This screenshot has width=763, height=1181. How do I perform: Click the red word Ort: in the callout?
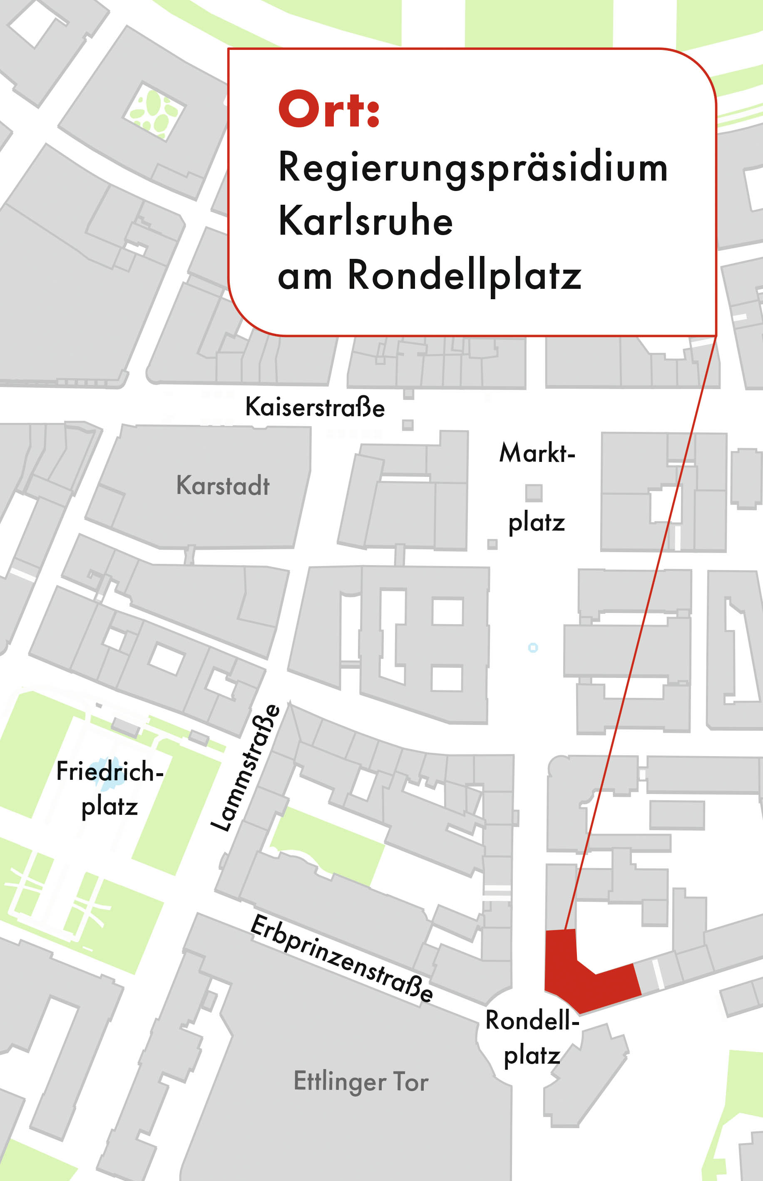329,109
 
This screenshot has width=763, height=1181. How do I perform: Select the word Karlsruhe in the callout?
365,221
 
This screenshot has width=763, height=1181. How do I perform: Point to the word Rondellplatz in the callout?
464,275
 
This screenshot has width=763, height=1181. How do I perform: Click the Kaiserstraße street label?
315,407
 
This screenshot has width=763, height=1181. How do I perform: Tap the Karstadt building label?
223,485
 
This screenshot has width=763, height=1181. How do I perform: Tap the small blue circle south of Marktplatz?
533,648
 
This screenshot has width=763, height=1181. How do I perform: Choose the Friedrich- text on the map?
109,772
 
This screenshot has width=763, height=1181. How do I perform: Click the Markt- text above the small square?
537,453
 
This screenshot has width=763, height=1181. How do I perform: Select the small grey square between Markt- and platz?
534,493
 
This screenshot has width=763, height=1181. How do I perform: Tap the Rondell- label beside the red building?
532,1020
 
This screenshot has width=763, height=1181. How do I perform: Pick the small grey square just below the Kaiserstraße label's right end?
408,425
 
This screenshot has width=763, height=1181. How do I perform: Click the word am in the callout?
305,277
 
